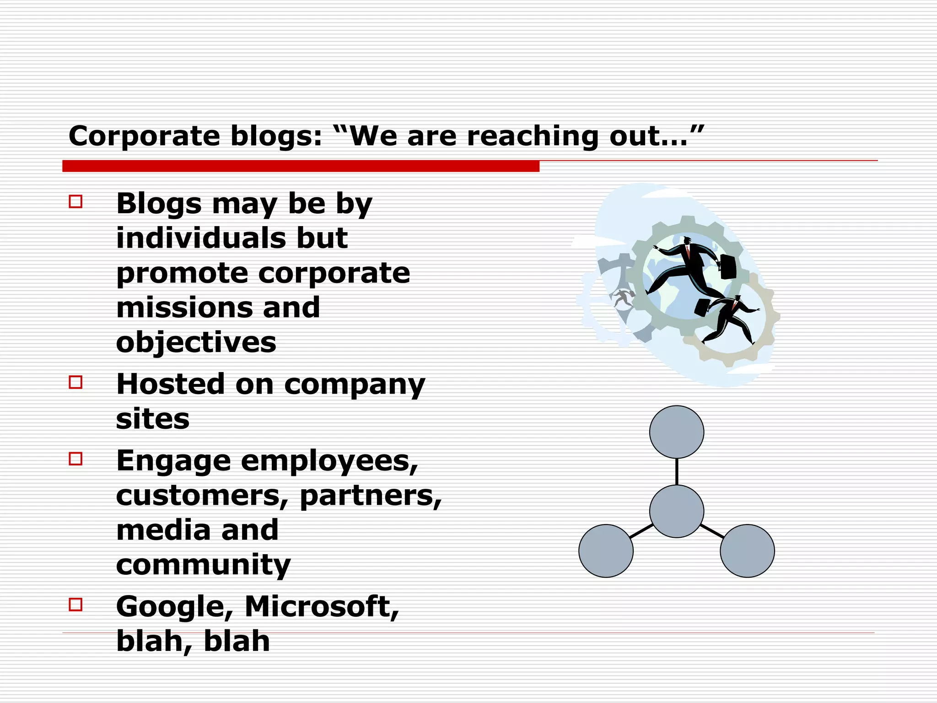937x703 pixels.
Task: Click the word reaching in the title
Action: pyautogui.click(x=533, y=136)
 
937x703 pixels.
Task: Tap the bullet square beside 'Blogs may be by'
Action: pyautogui.click(x=75, y=202)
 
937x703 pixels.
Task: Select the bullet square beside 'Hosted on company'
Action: pyautogui.click(x=75, y=382)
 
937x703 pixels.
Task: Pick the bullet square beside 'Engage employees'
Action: pyautogui.click(x=75, y=459)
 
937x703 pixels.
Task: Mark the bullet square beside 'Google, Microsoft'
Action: pyautogui.click(x=75, y=605)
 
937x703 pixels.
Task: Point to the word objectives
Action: pyautogui.click(x=196, y=342)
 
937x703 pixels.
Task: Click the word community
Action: pyautogui.click(x=203, y=565)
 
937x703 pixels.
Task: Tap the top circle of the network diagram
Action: pyautogui.click(x=677, y=432)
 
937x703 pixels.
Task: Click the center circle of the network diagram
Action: pyautogui.click(x=677, y=511)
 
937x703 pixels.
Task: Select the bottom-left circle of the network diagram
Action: pyautogui.click(x=606, y=551)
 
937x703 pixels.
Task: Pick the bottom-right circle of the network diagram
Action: pyautogui.click(x=747, y=551)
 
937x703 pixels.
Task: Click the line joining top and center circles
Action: pyautogui.click(x=677, y=471)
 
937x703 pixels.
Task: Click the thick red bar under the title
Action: pyautogui.click(x=301, y=166)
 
